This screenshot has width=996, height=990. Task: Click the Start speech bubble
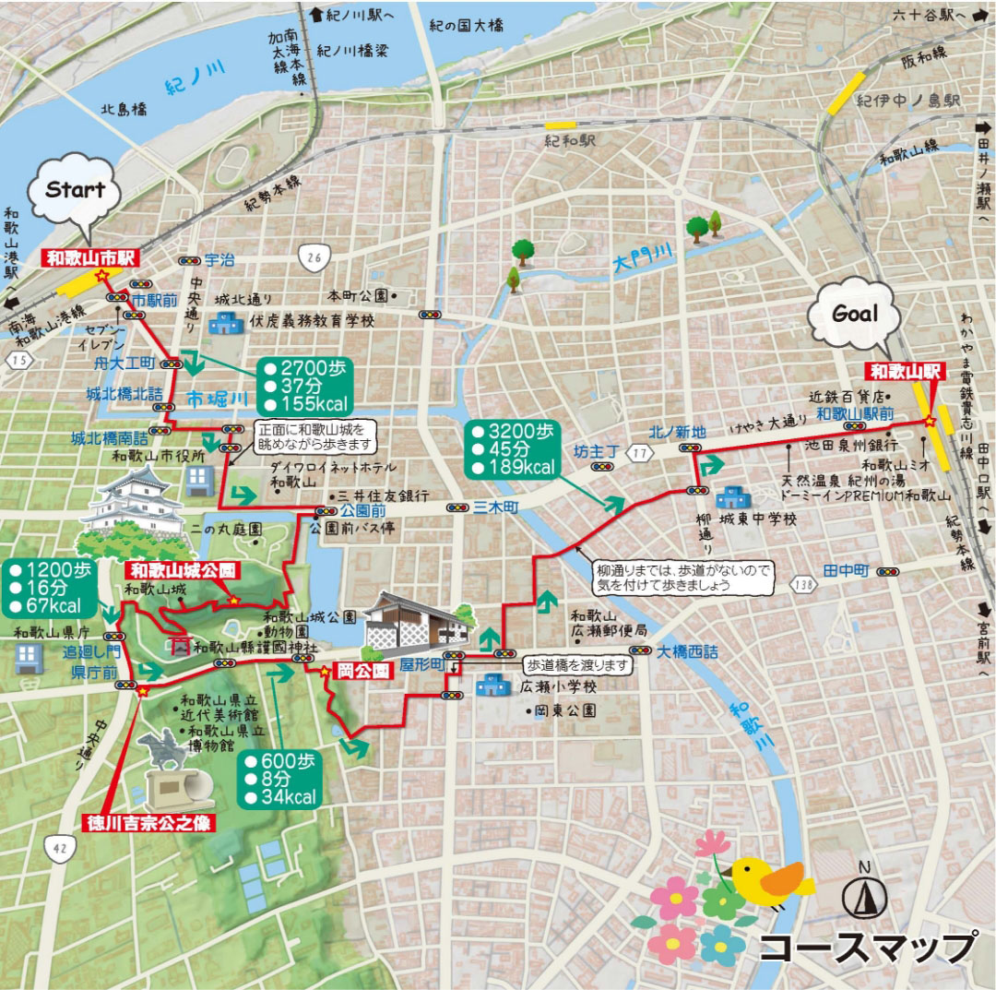pos(76,192)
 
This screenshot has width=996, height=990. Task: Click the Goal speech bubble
pos(854,315)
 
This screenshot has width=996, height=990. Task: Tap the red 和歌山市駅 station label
pos(90,259)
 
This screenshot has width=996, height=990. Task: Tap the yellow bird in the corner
pos(769,877)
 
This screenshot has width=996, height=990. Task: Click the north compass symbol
pos(864,890)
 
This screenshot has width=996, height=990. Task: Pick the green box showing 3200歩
pos(511,449)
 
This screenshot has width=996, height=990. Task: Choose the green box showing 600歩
pos(280,778)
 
